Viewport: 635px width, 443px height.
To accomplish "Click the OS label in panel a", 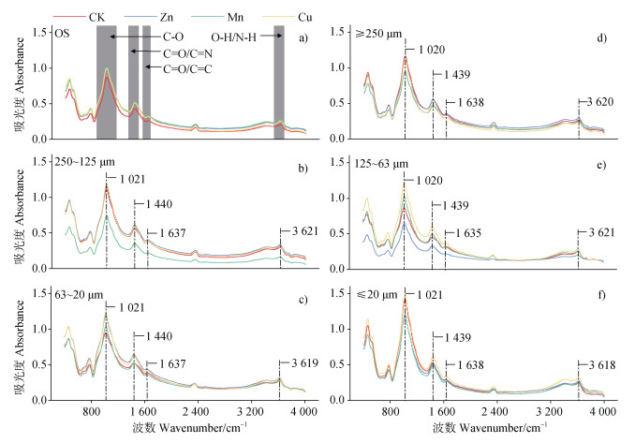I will coord(63,34).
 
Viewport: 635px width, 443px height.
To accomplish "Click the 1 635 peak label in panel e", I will coord(463,233).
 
